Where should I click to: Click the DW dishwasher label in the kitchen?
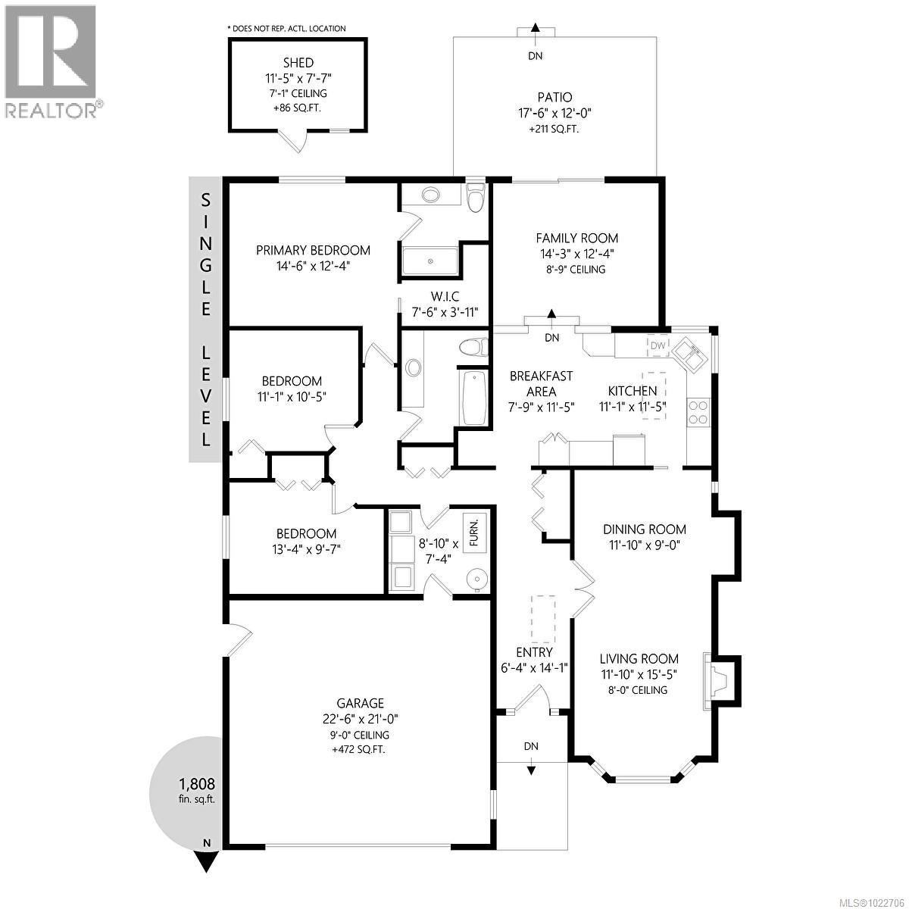[658, 346]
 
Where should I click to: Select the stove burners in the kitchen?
[698, 411]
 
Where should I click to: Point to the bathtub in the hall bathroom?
[473, 398]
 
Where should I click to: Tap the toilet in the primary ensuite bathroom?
[475, 199]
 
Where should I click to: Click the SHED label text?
[298, 63]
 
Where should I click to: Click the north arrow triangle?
[207, 861]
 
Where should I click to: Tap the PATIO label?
[554, 97]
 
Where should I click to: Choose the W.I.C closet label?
[445, 295]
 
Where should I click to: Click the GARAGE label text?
[361, 703]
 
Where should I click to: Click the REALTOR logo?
[52, 61]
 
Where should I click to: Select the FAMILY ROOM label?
[576, 238]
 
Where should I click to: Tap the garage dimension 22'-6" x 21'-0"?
[361, 720]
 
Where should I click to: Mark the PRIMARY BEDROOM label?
[313, 250]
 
